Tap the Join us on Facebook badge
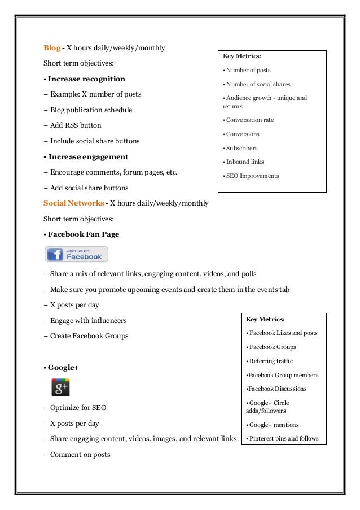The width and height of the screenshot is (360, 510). click(x=76, y=254)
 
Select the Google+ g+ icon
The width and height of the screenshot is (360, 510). click(x=60, y=387)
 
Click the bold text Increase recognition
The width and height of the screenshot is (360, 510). click(x=86, y=79)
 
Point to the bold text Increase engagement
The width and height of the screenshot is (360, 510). click(x=88, y=156)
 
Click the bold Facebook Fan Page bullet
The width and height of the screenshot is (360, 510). click(x=84, y=234)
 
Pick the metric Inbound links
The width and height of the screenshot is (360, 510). click(x=245, y=162)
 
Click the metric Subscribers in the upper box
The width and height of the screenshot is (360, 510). click(x=242, y=148)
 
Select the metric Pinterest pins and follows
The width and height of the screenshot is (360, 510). click(x=284, y=439)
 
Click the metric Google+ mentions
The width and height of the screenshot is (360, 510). click(x=275, y=425)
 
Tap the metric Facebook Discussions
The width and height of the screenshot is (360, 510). click(x=278, y=389)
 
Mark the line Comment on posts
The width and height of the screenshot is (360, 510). click(x=80, y=455)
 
